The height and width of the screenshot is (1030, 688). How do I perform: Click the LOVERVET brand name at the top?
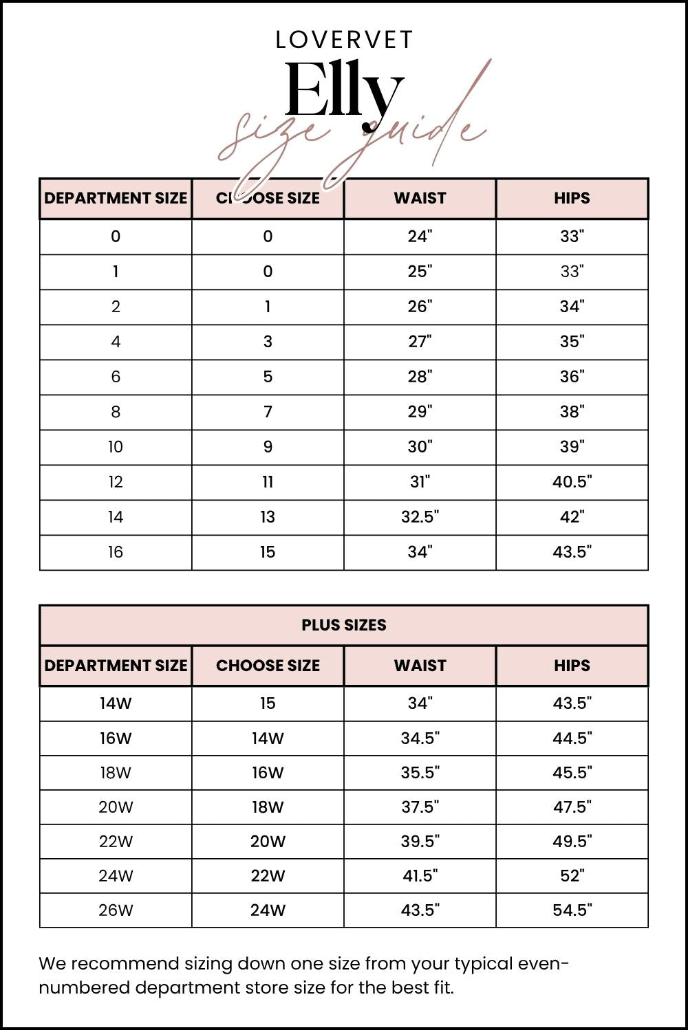(344, 41)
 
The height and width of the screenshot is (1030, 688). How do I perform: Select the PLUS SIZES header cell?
(344, 625)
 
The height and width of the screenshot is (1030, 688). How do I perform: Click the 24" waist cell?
(420, 237)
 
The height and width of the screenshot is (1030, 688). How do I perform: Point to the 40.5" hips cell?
(572, 482)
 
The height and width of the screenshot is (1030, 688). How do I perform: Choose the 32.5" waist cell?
(420, 517)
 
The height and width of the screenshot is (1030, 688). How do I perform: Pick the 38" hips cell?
(572, 412)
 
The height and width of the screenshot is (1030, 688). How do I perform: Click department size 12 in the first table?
(116, 482)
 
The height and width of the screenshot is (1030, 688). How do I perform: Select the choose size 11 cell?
(268, 482)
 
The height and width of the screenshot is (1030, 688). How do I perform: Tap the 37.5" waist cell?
(420, 807)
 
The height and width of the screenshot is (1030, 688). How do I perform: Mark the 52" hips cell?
(572, 876)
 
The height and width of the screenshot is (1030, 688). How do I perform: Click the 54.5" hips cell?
(572, 910)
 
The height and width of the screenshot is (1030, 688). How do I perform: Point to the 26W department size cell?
(116, 910)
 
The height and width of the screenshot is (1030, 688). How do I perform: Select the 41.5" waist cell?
(420, 876)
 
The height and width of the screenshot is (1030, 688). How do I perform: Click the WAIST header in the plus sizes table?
(420, 666)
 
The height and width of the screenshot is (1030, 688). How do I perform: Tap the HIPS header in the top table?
(572, 198)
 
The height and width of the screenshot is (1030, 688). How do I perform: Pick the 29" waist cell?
(420, 412)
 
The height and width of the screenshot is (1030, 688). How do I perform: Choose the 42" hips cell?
(572, 517)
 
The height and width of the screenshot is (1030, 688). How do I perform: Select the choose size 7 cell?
(268, 412)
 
